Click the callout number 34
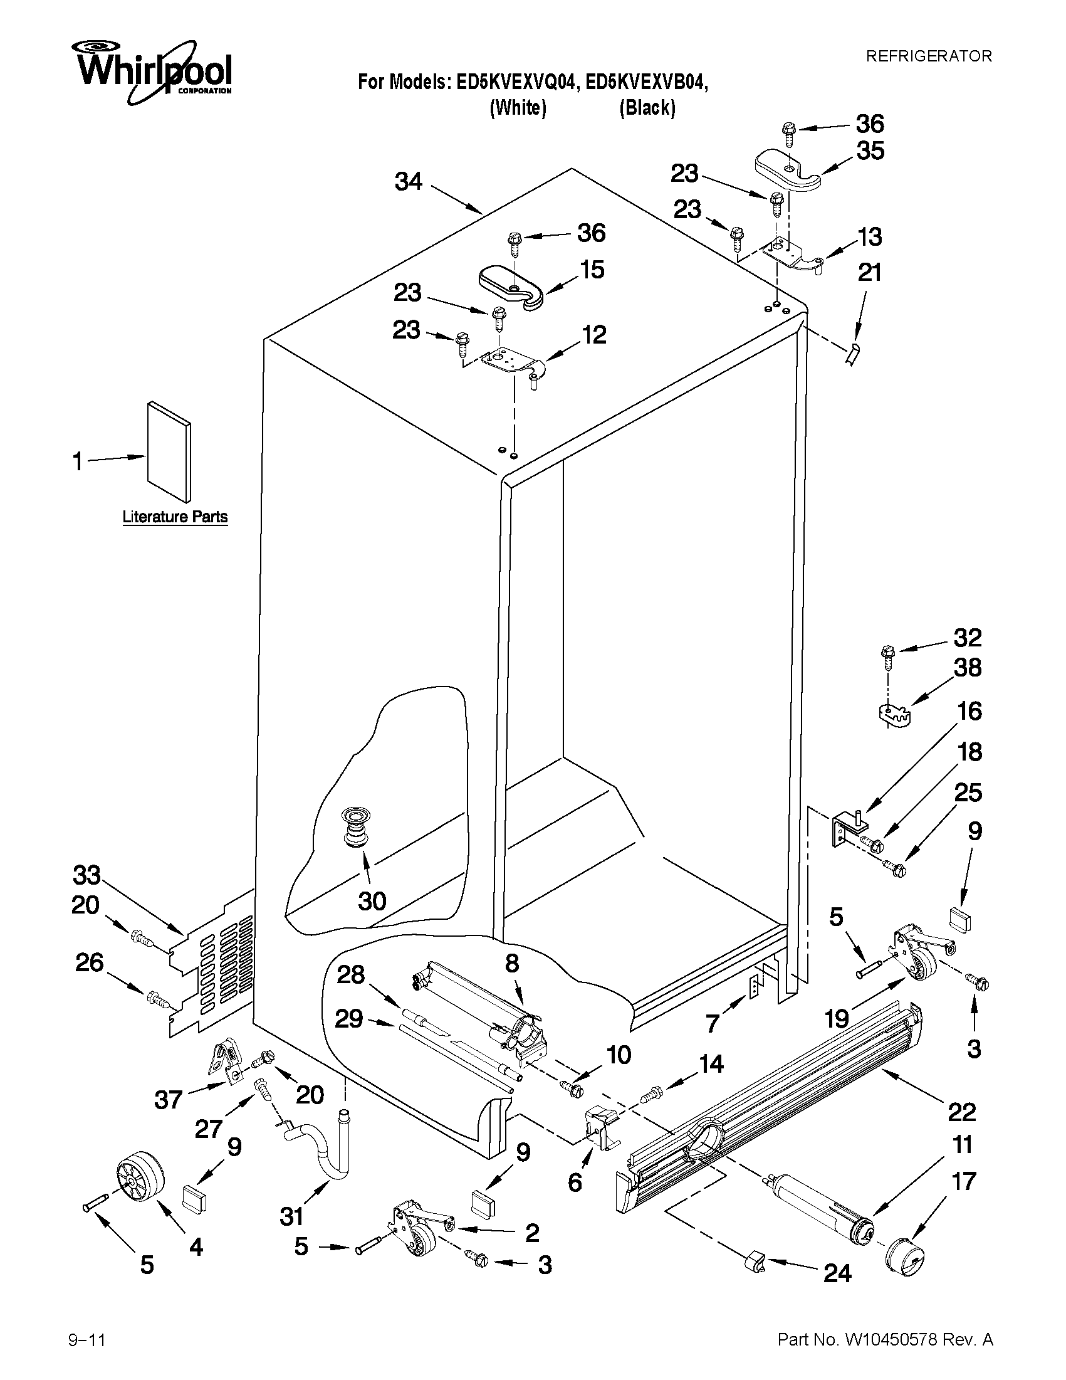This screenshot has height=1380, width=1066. [409, 182]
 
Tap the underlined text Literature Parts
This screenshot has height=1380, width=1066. [174, 517]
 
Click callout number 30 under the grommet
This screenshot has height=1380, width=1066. [372, 901]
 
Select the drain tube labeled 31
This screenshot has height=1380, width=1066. [325, 1150]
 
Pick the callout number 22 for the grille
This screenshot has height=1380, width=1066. [962, 1112]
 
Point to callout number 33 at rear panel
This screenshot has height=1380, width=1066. [86, 875]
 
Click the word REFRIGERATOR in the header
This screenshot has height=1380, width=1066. [928, 56]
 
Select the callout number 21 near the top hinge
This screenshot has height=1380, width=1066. [870, 273]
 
